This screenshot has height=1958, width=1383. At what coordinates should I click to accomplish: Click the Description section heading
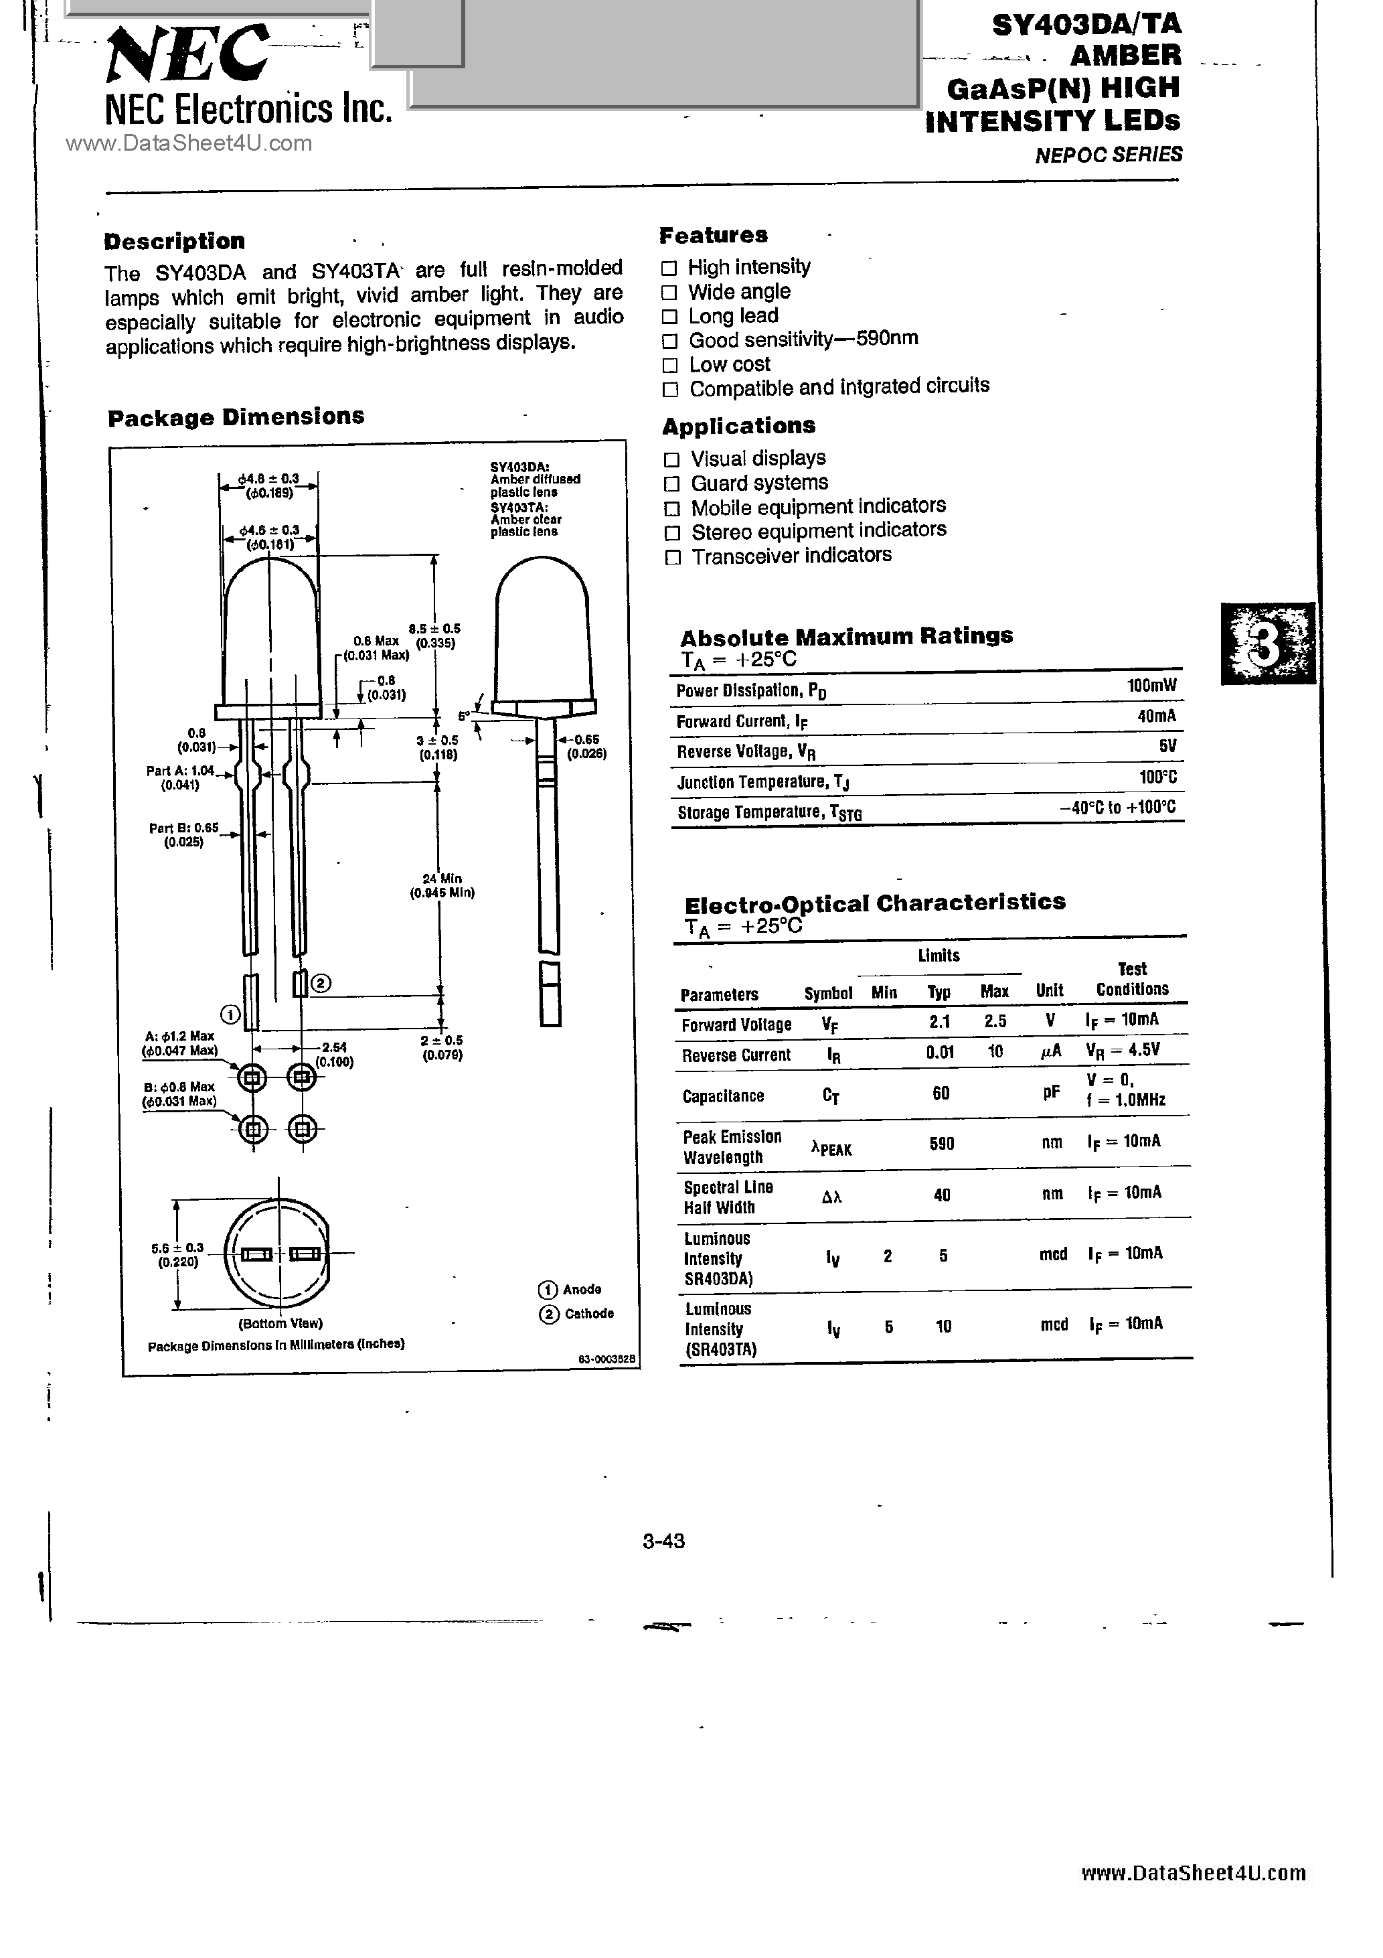[174, 241]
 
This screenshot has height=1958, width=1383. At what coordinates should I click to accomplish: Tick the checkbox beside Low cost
[671, 365]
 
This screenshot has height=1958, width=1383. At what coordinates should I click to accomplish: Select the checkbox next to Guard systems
[672, 484]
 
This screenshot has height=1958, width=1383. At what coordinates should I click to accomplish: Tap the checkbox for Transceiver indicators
[673, 558]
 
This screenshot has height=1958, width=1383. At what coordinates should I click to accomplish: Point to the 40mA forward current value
[1156, 717]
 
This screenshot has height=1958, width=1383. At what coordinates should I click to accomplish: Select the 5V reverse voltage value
[1167, 746]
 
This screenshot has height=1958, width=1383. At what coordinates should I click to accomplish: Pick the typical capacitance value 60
[941, 1094]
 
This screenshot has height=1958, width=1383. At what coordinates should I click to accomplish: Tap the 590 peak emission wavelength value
[941, 1143]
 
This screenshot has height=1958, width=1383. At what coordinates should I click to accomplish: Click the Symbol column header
[828, 992]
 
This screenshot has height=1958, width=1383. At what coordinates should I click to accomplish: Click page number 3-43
[663, 1541]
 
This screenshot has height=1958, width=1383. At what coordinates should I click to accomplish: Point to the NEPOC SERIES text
[1109, 155]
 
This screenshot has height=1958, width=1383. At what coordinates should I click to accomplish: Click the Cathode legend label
[588, 1313]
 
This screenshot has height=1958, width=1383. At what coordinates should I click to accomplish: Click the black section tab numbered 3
[1267, 644]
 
